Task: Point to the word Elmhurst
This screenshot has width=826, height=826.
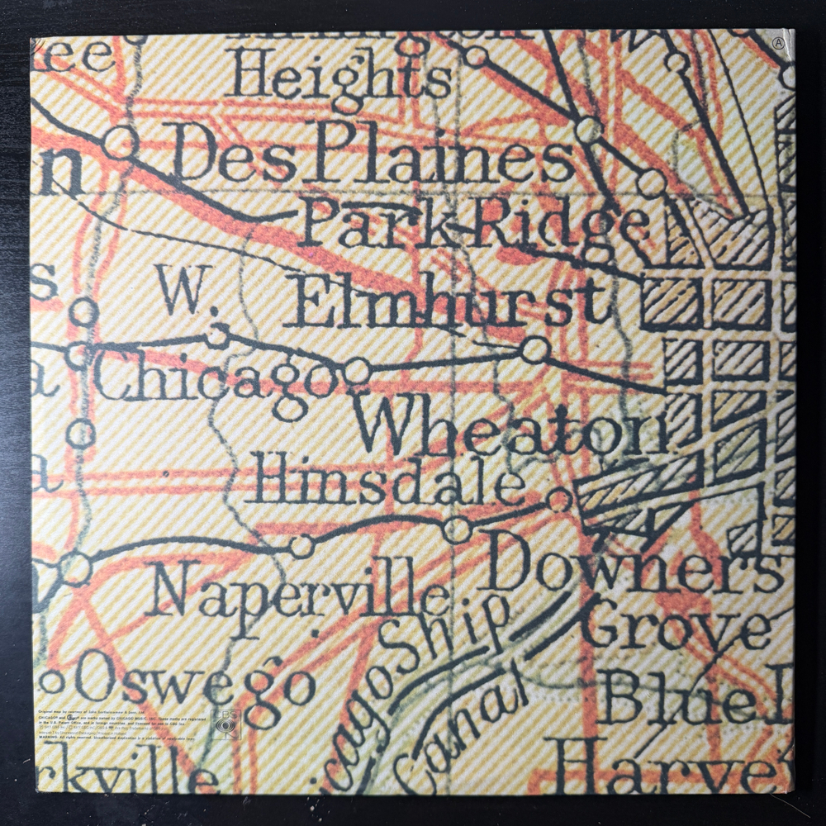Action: (x=451, y=303)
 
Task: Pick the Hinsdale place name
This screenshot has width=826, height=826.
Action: (x=388, y=480)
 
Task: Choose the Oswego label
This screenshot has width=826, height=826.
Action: (x=198, y=680)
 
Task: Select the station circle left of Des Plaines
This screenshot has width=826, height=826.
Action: (x=120, y=142)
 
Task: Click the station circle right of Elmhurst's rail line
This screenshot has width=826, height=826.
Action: (x=534, y=350)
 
